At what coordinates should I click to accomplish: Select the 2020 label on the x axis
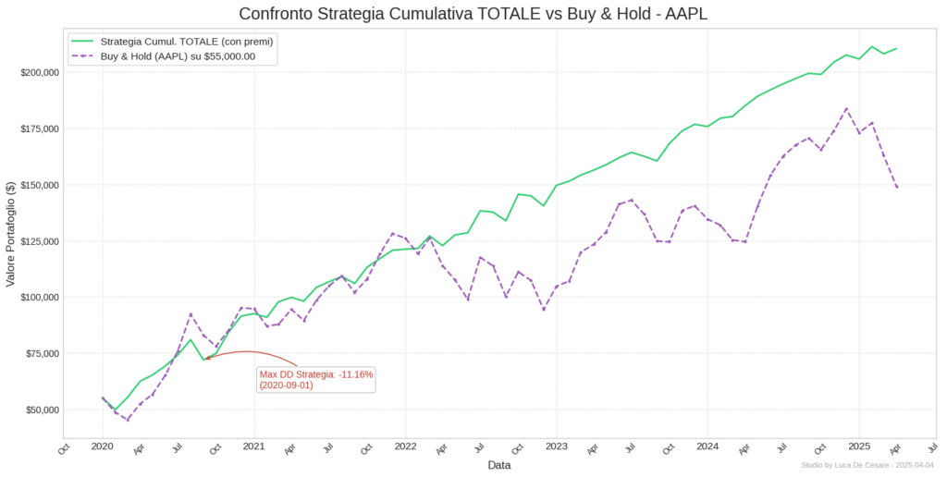(103, 446)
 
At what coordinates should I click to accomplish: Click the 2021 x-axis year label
(254, 446)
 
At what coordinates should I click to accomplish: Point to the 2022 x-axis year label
(405, 446)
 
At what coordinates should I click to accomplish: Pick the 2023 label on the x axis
(557, 446)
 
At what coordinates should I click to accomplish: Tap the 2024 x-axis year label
(707, 446)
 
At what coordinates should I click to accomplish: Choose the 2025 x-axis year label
(859, 446)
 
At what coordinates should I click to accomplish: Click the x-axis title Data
(499, 465)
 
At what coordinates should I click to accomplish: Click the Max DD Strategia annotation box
(316, 380)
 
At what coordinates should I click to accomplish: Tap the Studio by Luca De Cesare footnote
(867, 465)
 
